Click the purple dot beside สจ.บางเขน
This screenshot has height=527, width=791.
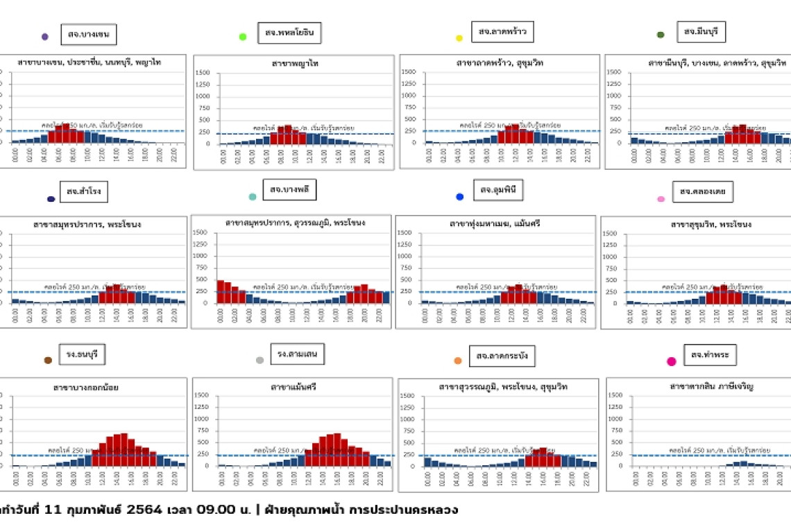click(x=45, y=37)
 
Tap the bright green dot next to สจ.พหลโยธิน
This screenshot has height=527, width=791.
click(x=243, y=37)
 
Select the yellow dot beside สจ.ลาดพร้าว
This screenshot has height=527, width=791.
click(x=459, y=37)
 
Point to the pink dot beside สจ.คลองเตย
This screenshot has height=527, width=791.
click(x=661, y=199)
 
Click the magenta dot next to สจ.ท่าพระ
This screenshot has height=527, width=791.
click(x=671, y=361)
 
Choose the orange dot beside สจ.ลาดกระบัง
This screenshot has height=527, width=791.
click(x=458, y=361)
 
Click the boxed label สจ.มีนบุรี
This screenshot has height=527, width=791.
click(x=701, y=32)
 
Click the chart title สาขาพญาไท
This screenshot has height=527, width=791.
click(x=295, y=63)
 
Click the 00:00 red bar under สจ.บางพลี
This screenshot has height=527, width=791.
click(x=221, y=291)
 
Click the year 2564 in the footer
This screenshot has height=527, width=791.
click(x=145, y=510)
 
